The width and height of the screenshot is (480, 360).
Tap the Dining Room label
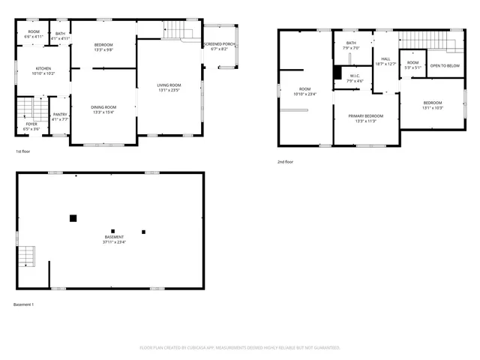[103, 109]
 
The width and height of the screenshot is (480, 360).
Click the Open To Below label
[445, 65]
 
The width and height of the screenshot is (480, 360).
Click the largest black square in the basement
[73, 218]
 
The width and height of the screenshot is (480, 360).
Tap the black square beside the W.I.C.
[338, 73]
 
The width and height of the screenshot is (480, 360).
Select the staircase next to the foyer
[26, 109]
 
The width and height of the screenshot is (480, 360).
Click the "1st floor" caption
[23, 152]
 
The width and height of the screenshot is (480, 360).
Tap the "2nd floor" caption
[285, 162]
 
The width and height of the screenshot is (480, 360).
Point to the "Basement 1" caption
[25, 304]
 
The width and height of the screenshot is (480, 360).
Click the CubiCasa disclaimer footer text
[240, 347]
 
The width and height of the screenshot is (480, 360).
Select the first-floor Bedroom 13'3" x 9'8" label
[103, 48]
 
